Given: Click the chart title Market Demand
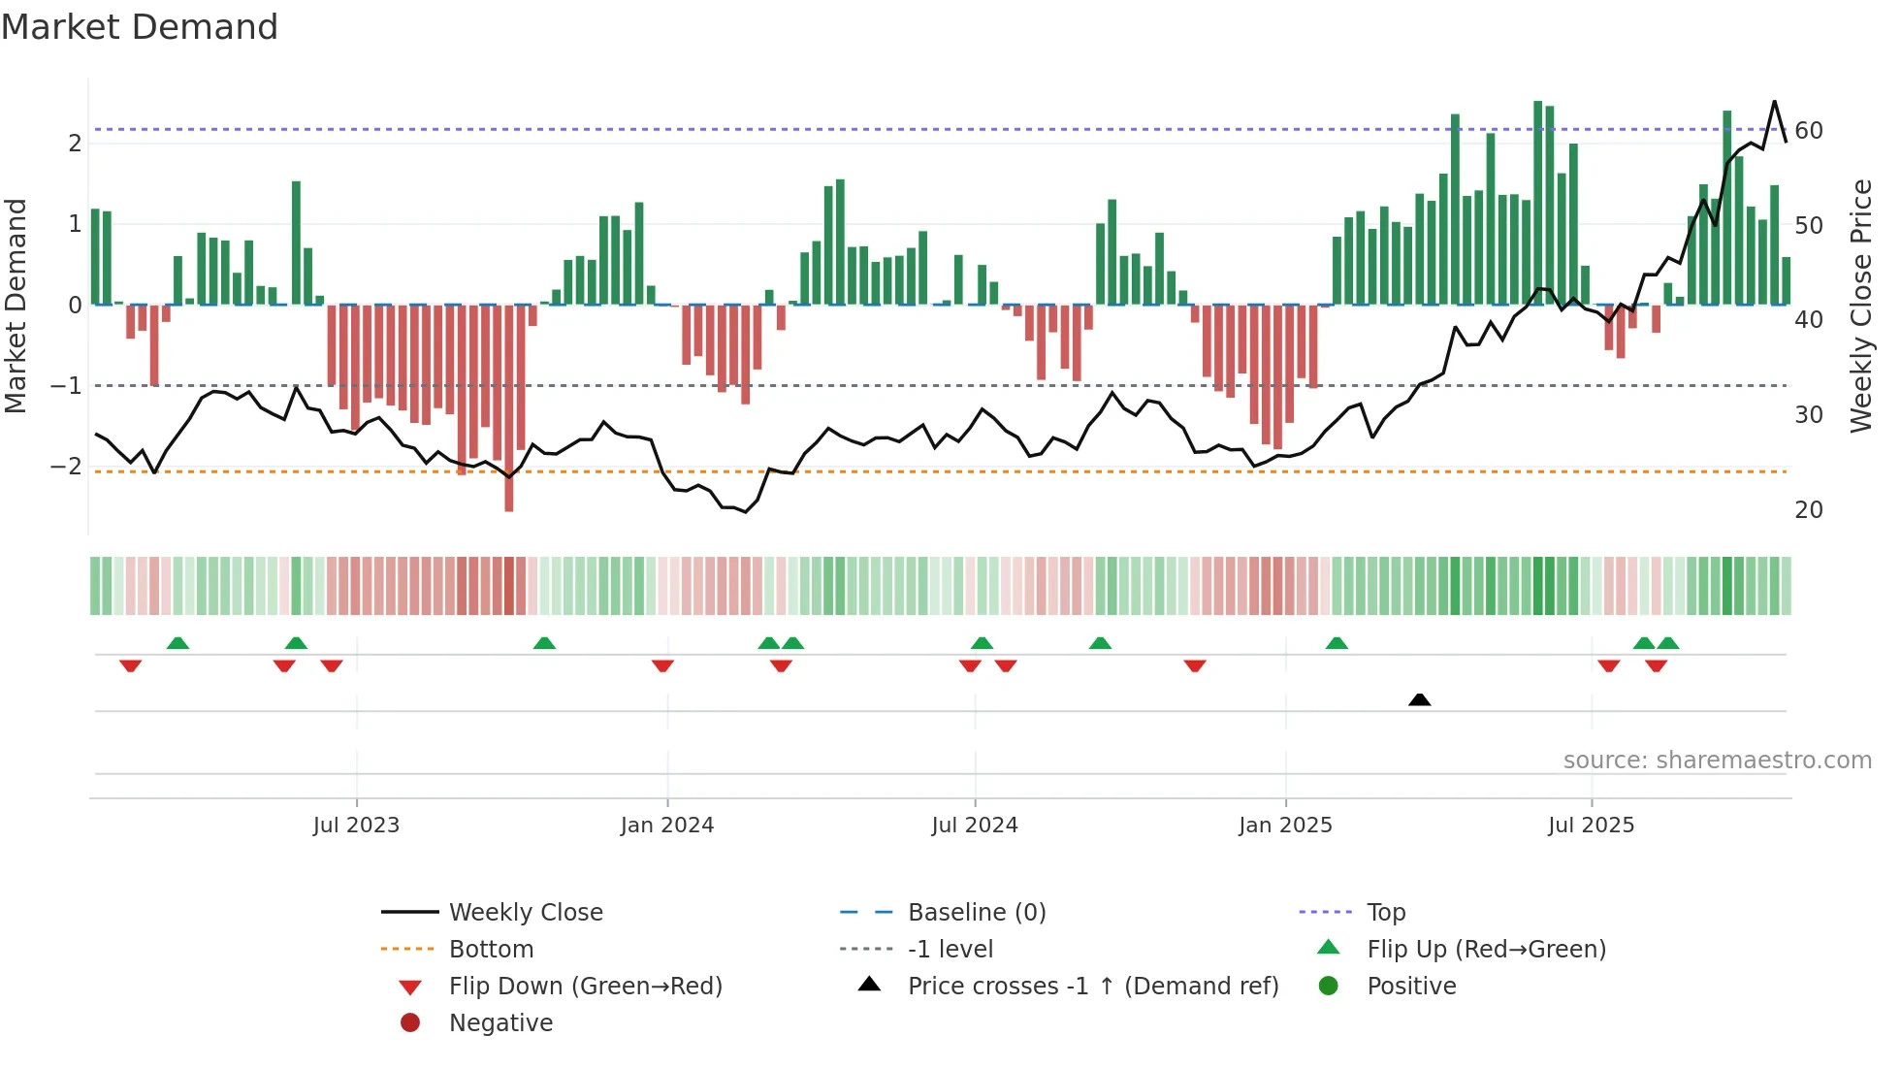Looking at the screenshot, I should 140,27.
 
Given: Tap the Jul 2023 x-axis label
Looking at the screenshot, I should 356,826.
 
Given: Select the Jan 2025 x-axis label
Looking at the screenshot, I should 1285,826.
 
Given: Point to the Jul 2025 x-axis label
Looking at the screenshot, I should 1591,826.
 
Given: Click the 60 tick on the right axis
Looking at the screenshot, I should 1809,131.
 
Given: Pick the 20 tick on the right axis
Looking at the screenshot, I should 1809,510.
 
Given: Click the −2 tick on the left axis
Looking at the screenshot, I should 67,467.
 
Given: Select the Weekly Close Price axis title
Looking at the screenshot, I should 1861,306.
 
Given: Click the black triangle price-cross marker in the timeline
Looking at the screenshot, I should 1419,699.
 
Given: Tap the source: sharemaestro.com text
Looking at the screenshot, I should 1717,761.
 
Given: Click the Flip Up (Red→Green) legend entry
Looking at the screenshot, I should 1486,950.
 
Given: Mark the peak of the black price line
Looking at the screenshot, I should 1775,102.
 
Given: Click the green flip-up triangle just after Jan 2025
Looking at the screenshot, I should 1337,643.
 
